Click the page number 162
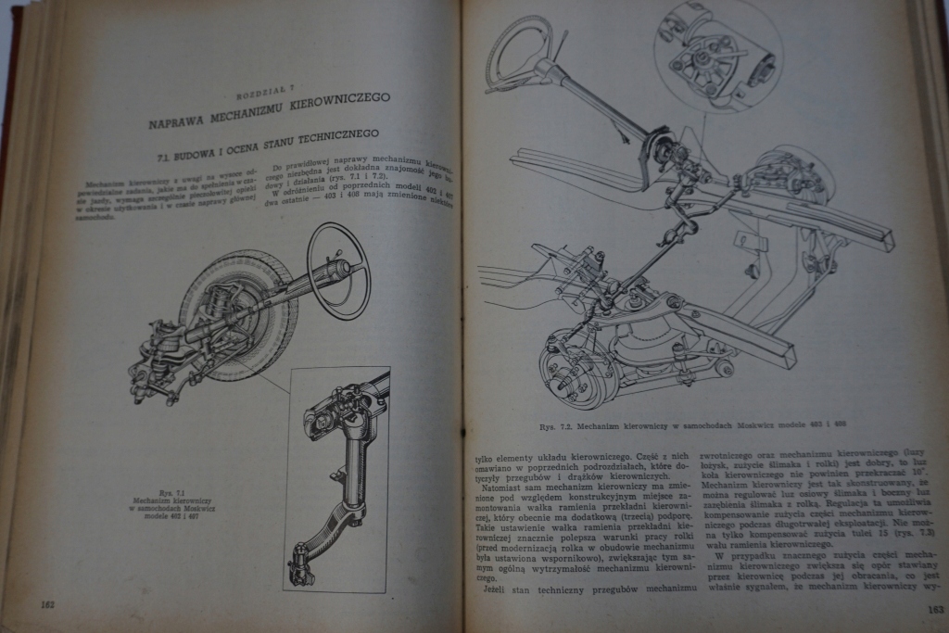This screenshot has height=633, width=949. click(48, 604)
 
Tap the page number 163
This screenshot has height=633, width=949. click(934, 609)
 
